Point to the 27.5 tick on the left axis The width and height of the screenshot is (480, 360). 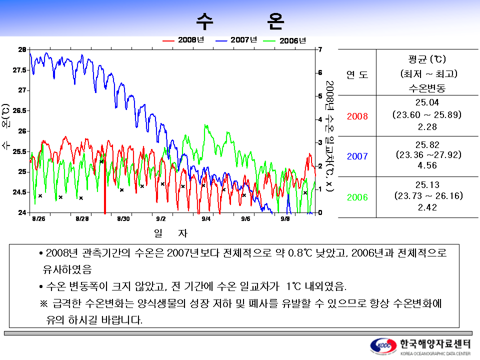pos(20,70)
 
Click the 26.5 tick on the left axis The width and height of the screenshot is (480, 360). pos(20,110)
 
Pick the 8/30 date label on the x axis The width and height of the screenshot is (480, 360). pos(123,218)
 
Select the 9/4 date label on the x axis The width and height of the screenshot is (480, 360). pos(206,218)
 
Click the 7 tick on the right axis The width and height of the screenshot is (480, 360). pos(319,49)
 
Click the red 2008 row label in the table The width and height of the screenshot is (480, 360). pos(357,116)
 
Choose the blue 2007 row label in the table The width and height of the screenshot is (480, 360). pos(357,156)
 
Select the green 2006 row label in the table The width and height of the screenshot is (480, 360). pos(357,197)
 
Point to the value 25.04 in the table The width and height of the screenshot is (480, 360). pos(427,103)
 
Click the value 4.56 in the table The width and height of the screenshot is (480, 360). pos(427,165)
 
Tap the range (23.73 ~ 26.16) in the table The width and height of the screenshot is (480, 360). pos(427,195)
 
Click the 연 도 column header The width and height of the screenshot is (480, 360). pos(357,74)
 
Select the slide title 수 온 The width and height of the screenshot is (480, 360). pos(240,20)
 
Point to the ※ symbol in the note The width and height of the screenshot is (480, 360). pos(43,304)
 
